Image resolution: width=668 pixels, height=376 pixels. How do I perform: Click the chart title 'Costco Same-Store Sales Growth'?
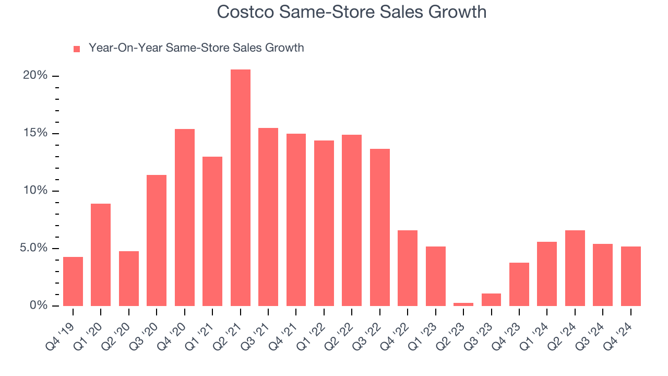[x=351, y=11]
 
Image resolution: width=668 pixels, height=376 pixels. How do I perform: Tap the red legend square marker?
[x=77, y=49]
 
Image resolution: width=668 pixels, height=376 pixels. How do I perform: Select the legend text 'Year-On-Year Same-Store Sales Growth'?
[x=196, y=48]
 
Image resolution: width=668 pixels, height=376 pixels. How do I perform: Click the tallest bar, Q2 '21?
[x=240, y=187]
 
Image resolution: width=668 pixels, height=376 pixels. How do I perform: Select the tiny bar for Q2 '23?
[x=463, y=304]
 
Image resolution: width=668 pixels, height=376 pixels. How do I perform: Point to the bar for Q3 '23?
[x=491, y=300]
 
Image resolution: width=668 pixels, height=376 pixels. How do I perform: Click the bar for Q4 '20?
[x=185, y=217]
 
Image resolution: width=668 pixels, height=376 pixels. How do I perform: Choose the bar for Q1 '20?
[x=101, y=254]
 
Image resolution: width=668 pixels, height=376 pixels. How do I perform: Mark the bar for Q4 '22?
[x=408, y=268]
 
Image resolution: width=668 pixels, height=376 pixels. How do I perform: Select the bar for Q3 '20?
[x=157, y=240]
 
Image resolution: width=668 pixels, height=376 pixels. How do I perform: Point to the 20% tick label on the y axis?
[x=35, y=76]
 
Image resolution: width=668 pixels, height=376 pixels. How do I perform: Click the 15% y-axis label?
[x=35, y=133]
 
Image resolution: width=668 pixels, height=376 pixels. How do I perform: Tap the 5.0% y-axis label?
[x=33, y=248]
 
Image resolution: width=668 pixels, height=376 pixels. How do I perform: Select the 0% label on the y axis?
[x=38, y=305]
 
